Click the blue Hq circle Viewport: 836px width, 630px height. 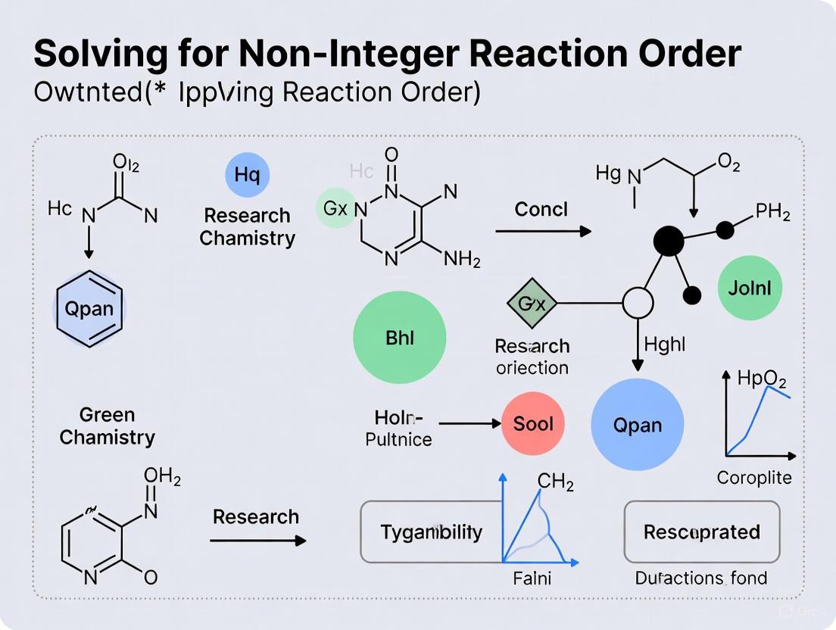(x=247, y=175)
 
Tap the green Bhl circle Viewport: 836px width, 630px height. (x=400, y=338)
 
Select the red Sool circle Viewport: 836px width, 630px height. (x=533, y=423)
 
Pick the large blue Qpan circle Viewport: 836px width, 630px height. (x=637, y=425)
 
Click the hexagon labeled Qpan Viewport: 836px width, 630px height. (x=89, y=309)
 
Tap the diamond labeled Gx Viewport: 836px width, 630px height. (x=532, y=304)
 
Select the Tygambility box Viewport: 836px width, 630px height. (x=432, y=532)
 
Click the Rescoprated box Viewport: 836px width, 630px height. (x=701, y=532)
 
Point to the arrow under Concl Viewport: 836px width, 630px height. (x=543, y=232)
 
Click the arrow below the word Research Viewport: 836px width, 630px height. (x=257, y=541)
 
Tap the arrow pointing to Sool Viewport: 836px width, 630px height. (x=469, y=424)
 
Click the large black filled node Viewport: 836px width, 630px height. (x=668, y=242)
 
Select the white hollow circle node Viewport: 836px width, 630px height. (x=637, y=304)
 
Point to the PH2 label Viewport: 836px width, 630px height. (x=772, y=214)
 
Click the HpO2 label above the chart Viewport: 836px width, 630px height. (x=761, y=379)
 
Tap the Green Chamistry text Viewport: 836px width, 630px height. (x=108, y=426)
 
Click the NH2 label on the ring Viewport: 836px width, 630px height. (x=461, y=260)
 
